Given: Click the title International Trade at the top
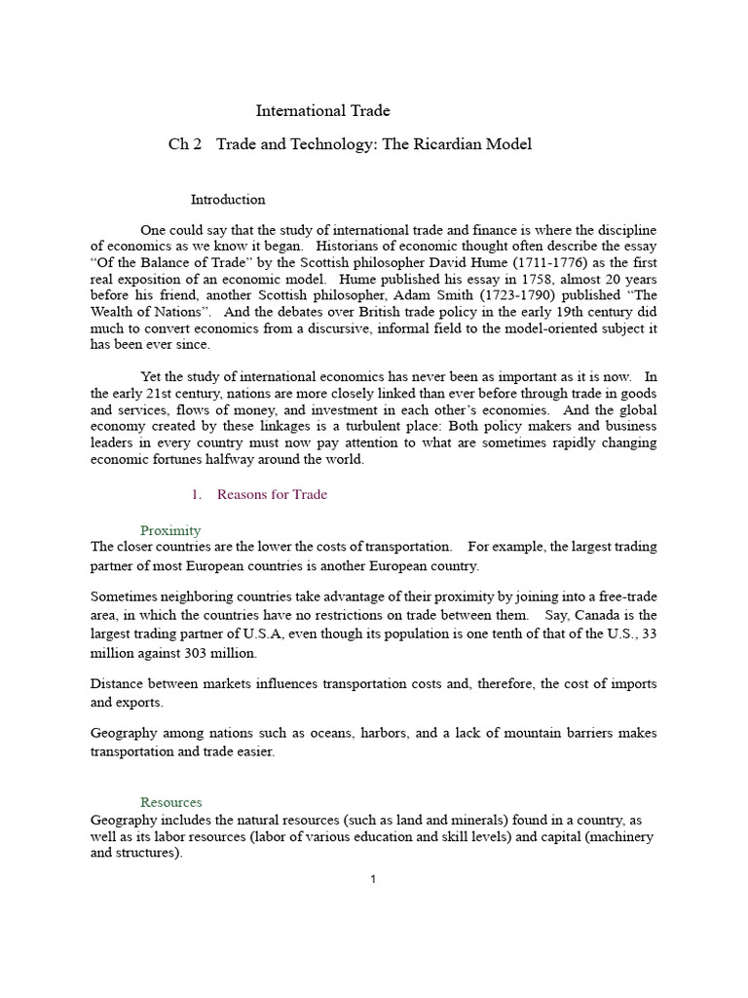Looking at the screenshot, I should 322,111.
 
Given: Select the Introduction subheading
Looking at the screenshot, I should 228,200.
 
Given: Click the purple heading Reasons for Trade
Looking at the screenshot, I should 272,494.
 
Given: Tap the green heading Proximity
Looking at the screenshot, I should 170,531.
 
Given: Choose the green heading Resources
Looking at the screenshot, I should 171,802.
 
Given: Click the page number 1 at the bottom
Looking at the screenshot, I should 373,879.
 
